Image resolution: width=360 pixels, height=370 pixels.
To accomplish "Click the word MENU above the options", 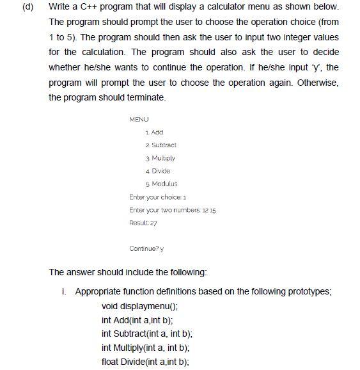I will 138,119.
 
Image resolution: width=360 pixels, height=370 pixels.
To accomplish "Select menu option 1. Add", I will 155,132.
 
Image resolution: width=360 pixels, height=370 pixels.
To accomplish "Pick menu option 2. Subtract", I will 161,145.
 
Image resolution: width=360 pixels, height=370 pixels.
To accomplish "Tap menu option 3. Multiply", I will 160,157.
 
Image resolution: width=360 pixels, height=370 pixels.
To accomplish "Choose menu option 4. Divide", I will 158,171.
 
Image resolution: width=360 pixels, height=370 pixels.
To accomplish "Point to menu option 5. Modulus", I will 161,184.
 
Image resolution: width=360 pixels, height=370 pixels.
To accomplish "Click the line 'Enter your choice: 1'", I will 157,197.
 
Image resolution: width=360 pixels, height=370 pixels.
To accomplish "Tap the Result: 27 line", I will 143,223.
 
